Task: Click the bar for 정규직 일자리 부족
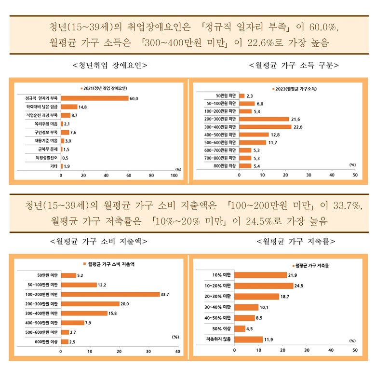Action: pos(94,98)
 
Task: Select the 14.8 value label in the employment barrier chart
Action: pos(82,107)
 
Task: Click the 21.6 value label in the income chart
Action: pos(296,119)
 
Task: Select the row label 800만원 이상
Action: pos(225,165)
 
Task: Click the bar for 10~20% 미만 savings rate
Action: pos(264,285)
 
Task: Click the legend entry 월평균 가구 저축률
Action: pos(316,265)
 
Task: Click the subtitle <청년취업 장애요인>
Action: pos(109,65)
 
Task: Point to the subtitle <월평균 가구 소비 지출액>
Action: pos(98,241)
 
